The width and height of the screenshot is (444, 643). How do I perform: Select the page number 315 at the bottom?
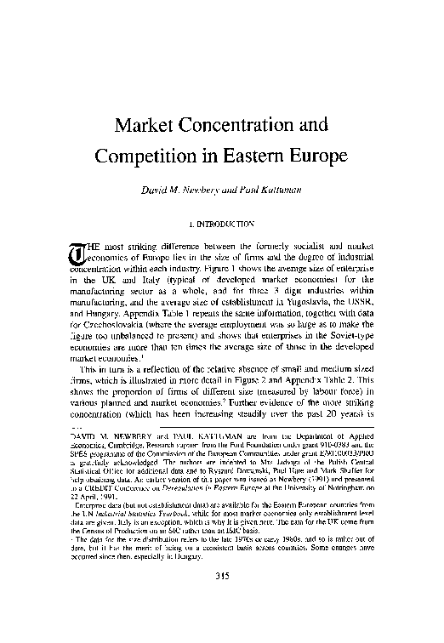(x=223, y=600)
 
